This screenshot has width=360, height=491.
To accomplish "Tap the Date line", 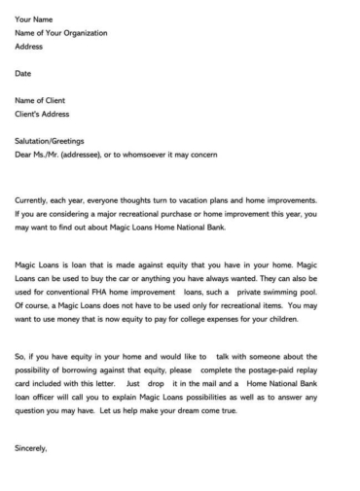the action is [23, 73].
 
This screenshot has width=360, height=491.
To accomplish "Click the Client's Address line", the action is [44, 113].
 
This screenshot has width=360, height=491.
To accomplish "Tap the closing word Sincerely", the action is [31, 448].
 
